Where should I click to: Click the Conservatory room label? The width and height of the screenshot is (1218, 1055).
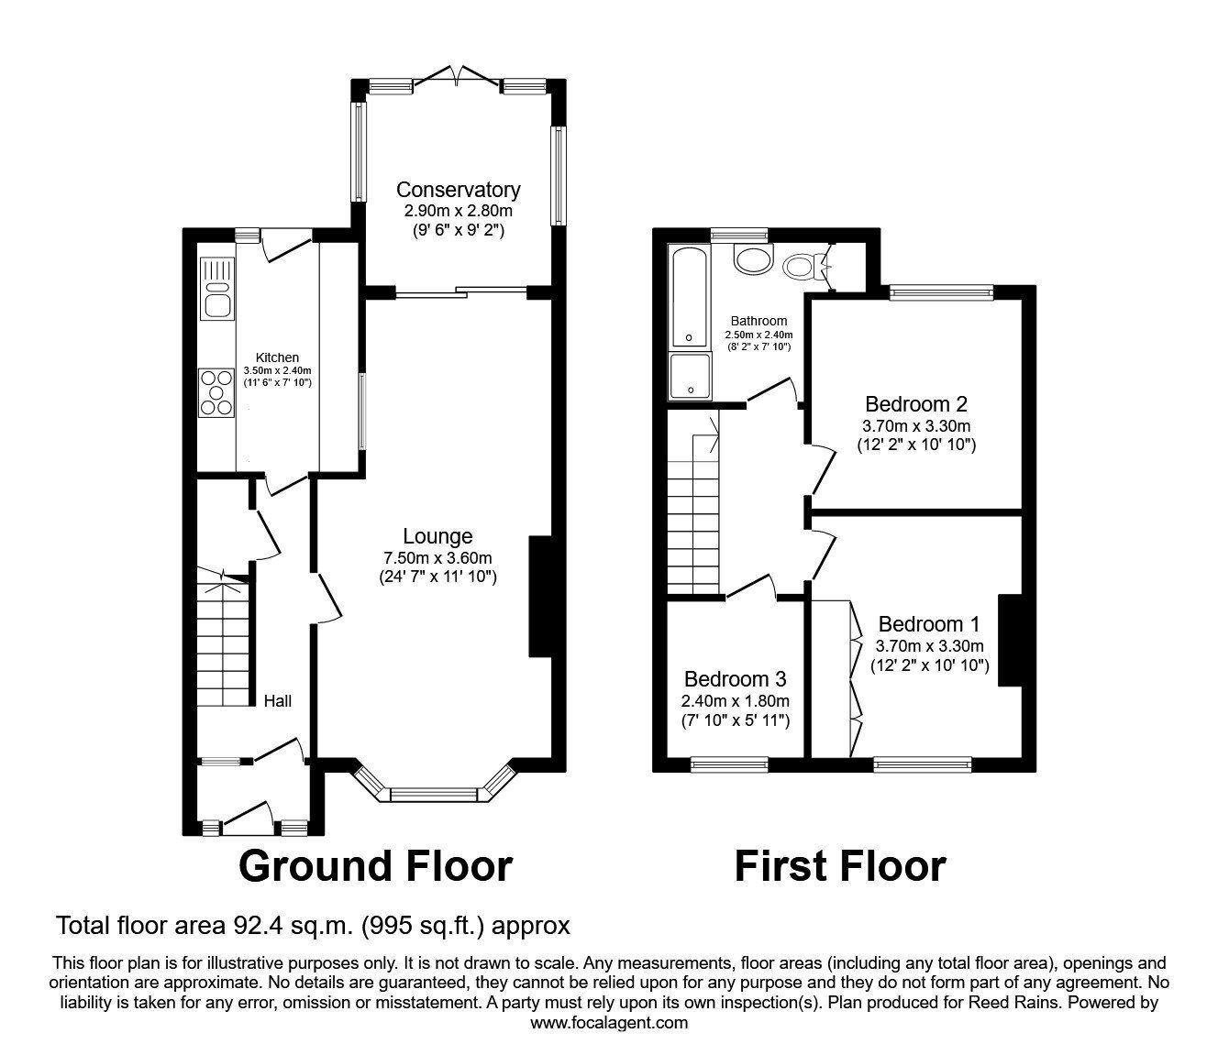point(458,190)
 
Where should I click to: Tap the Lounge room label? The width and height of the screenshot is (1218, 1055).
point(437,536)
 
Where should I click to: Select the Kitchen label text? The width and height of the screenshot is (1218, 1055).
point(276,357)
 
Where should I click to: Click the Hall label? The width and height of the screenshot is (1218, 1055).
point(278,701)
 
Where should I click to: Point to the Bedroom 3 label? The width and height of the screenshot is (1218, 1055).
point(735,679)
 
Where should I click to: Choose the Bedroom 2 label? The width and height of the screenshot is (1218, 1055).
point(916,404)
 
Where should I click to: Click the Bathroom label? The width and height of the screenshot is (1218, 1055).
point(758,321)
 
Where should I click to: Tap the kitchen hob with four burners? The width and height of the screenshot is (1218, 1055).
point(217,392)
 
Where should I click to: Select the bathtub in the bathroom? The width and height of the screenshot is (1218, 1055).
point(689,299)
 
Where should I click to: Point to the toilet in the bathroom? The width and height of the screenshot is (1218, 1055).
point(804,267)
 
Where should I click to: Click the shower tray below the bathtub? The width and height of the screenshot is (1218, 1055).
point(689,377)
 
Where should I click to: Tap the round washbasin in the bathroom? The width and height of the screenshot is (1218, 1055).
point(754,259)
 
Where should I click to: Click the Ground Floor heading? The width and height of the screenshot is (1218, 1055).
point(375,866)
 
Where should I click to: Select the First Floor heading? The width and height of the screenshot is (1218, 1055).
point(839,866)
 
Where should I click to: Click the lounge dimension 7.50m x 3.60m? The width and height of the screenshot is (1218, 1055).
point(437,557)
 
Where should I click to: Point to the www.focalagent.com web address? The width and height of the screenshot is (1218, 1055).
point(609,1023)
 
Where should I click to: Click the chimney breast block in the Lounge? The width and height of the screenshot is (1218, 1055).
point(540,597)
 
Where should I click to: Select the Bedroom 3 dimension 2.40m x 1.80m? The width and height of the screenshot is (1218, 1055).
point(735,700)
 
